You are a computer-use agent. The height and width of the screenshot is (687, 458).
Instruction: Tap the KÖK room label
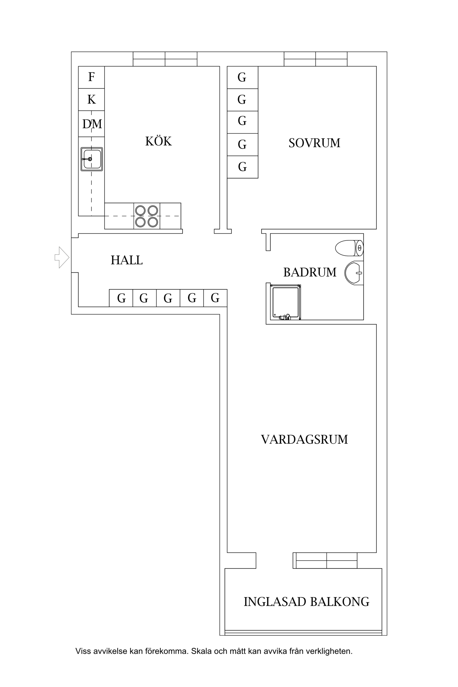click(158, 141)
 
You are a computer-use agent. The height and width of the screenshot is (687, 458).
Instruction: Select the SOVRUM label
click(314, 143)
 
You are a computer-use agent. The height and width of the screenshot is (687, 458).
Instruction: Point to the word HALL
click(126, 260)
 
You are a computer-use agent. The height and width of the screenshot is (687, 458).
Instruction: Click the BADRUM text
click(310, 272)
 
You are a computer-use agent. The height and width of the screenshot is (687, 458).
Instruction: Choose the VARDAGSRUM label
click(304, 440)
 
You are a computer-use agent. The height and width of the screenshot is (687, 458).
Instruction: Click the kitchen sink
click(92, 159)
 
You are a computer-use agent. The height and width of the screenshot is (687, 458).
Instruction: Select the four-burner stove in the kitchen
click(147, 216)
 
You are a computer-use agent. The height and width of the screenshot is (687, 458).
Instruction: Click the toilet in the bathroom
click(349, 248)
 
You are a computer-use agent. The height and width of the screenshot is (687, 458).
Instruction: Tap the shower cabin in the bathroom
click(285, 302)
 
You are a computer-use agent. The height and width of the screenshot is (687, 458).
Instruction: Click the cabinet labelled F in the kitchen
click(91, 77)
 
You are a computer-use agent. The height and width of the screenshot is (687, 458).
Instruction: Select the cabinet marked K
click(91, 100)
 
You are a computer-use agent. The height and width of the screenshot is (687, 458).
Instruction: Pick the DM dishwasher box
click(92, 124)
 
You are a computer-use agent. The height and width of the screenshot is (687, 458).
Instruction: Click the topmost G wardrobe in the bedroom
click(242, 78)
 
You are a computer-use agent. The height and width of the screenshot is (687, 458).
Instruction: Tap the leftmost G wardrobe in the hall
click(121, 298)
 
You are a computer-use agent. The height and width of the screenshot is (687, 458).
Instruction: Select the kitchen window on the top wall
click(165, 59)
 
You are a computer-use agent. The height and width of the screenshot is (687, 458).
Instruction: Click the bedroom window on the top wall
click(315, 59)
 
